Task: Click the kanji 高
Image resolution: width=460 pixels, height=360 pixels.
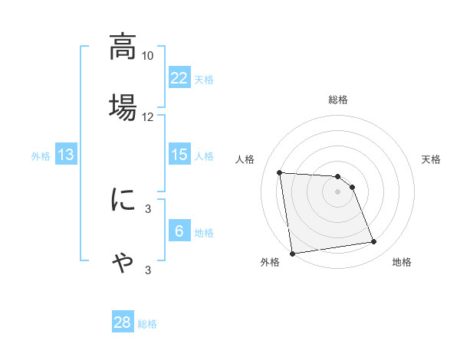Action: [123, 47]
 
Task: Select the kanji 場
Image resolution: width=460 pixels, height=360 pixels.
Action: [123, 106]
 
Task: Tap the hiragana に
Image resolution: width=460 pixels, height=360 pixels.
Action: [123, 200]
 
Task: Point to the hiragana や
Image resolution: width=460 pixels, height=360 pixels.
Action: [123, 262]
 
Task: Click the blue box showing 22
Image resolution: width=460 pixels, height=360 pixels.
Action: [179, 77]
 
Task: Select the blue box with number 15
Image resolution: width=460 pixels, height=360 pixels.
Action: [179, 155]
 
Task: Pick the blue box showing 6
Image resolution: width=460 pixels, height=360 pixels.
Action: [179, 231]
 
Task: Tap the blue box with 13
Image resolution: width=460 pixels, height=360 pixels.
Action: [66, 155]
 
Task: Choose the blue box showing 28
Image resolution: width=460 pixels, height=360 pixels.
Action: [123, 322]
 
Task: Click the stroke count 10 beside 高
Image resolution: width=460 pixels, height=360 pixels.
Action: [148, 56]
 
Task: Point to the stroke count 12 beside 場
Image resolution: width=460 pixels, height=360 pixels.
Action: [148, 116]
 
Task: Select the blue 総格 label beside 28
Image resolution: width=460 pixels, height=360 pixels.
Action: [148, 324]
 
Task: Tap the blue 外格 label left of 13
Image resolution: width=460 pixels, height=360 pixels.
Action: [41, 156]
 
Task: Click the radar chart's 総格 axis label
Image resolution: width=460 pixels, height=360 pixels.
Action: [338, 100]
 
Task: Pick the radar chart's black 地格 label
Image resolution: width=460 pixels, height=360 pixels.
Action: [402, 263]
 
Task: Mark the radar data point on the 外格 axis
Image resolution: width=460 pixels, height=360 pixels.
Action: [292, 253]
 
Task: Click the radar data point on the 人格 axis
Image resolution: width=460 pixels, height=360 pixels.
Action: [280, 172]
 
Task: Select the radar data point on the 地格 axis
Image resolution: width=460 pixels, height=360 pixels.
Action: [374, 242]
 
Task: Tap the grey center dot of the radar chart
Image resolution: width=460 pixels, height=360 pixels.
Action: [338, 191]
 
